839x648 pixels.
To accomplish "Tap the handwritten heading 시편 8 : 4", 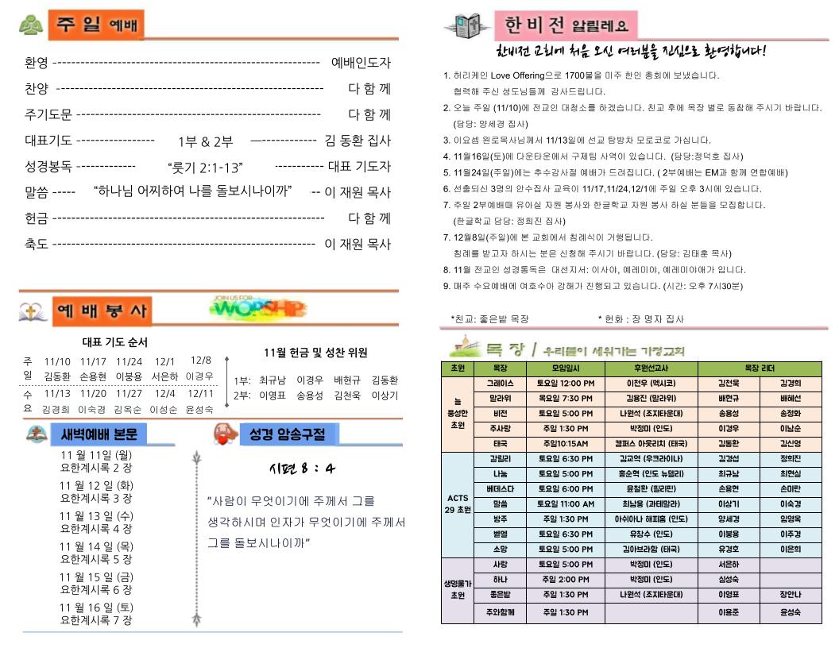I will (301, 468).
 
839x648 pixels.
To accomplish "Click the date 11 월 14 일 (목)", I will (96, 546).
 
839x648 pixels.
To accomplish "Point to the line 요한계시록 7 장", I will (96, 619).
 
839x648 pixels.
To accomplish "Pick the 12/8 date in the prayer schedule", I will (201, 361).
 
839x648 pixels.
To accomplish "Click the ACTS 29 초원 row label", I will (457, 503).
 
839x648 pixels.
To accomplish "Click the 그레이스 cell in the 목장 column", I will (501, 383).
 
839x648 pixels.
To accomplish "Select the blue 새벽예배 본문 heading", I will (99, 434).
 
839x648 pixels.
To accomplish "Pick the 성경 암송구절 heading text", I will (287, 434).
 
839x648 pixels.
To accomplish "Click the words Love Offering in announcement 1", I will (516, 75).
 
